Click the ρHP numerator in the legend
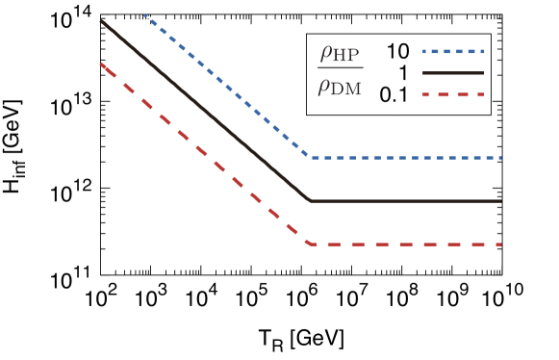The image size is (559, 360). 340,54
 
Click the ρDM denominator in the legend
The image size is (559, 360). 340,88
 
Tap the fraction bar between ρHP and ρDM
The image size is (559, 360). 341,69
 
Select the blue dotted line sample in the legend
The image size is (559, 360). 452,51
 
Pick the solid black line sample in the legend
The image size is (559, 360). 452,73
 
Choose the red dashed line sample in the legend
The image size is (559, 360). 452,94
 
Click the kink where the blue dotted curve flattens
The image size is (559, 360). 308,157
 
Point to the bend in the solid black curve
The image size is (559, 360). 310,201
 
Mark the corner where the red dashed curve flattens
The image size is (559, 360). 310,244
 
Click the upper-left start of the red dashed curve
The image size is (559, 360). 101,64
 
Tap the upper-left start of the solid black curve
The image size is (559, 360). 101,20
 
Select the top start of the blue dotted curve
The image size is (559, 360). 144,14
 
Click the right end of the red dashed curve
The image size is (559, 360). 501,244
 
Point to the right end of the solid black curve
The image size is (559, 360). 501,201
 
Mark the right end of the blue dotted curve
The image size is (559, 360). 501,157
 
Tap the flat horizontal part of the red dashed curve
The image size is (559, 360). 404,244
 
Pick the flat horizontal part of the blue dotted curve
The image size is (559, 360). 404,157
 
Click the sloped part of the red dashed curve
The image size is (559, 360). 202,153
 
